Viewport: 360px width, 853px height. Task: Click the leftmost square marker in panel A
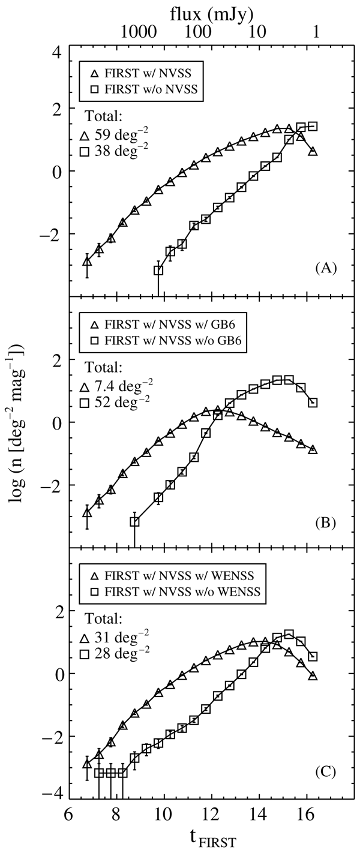158,271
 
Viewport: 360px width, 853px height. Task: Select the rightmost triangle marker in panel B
313,450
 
